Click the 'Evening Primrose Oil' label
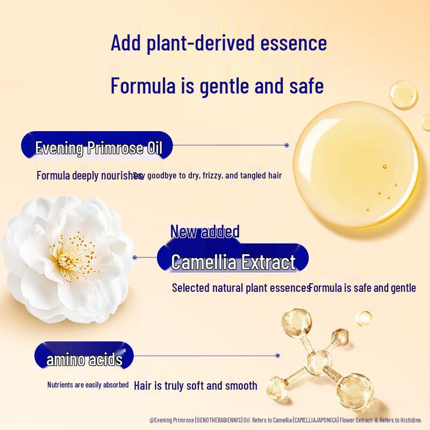pyautogui.click(x=98, y=148)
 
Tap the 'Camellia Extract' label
pyautogui.click(x=233, y=262)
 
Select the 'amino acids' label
pyautogui.click(x=84, y=360)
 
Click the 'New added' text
pyautogui.click(x=205, y=232)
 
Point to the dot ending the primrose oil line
pyautogui.click(x=286, y=145)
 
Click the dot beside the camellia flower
pyautogui.click(x=135, y=257)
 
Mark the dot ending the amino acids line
pyautogui.click(x=277, y=355)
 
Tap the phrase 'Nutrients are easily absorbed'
pyautogui.click(x=88, y=385)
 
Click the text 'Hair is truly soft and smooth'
pyautogui.click(x=196, y=385)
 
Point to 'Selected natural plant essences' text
pyautogui.click(x=240, y=288)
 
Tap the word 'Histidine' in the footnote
pyautogui.click(x=410, y=420)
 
